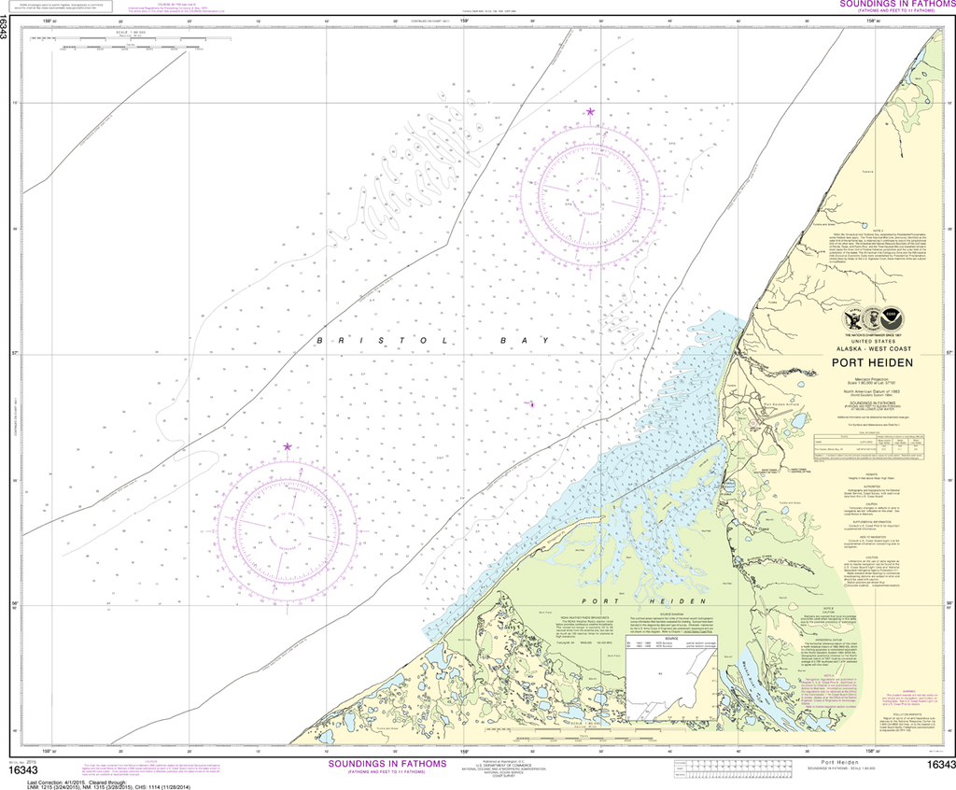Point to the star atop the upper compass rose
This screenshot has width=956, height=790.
pos(590,112)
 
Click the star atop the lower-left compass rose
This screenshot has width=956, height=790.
pos(288,447)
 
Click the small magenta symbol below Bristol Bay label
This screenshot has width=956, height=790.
pos(531,404)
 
